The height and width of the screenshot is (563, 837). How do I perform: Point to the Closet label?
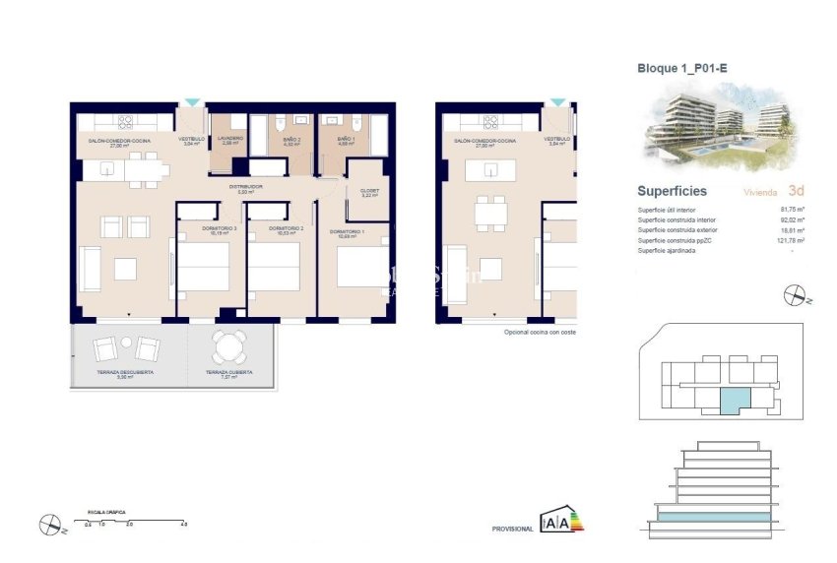coord(369,193)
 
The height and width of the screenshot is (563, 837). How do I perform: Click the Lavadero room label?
coord(230,140)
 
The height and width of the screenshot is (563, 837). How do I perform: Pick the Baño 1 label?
coord(346,140)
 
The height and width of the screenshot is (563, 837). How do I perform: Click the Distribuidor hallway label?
coord(248,187)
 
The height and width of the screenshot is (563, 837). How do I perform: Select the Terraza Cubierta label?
coord(228,373)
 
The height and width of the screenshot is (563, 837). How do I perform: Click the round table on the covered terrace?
coord(230,346)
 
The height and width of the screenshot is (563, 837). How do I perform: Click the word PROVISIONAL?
coord(512,530)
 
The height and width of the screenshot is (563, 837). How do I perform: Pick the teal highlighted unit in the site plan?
coord(734,400)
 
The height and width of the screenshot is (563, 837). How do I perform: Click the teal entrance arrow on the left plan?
coord(192,102)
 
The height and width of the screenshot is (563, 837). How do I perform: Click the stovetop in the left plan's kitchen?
coord(126,123)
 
